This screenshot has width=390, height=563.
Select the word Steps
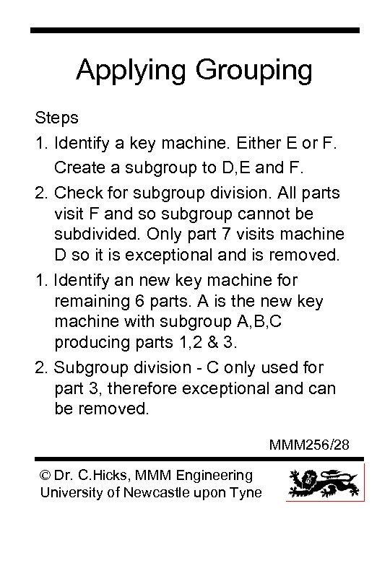(x=55, y=116)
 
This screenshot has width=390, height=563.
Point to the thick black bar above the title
(x=195, y=30)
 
